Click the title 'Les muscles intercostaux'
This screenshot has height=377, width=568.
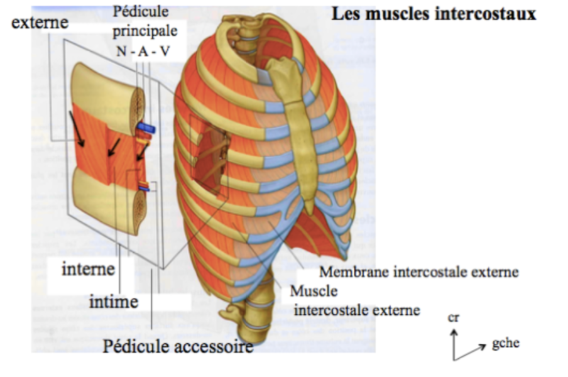tap(434, 14)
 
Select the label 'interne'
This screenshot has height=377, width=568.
tap(88, 270)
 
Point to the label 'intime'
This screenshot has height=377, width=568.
tap(114, 302)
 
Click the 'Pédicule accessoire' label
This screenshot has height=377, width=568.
tap(178, 345)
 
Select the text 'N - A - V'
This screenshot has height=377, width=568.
tap(143, 52)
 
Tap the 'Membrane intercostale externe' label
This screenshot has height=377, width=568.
tap(419, 273)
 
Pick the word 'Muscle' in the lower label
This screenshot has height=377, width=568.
tap(314, 292)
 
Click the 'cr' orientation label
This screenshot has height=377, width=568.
tap(454, 318)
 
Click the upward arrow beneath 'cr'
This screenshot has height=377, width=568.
tap(454, 343)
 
